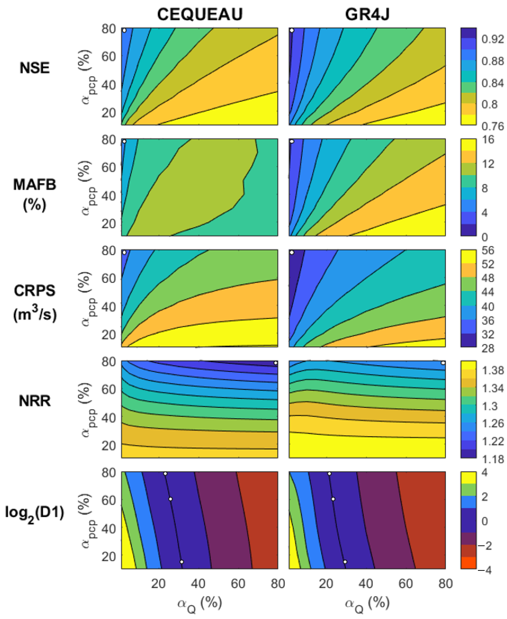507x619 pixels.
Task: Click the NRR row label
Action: click(x=34, y=401)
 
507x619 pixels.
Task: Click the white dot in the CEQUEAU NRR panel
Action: click(x=275, y=363)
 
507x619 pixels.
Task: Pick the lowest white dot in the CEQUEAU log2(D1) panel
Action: click(x=182, y=561)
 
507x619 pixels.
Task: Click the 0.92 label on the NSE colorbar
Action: click(x=492, y=39)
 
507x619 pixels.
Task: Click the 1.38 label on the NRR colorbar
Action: click(x=492, y=371)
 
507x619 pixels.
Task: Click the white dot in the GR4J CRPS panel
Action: click(x=292, y=252)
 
